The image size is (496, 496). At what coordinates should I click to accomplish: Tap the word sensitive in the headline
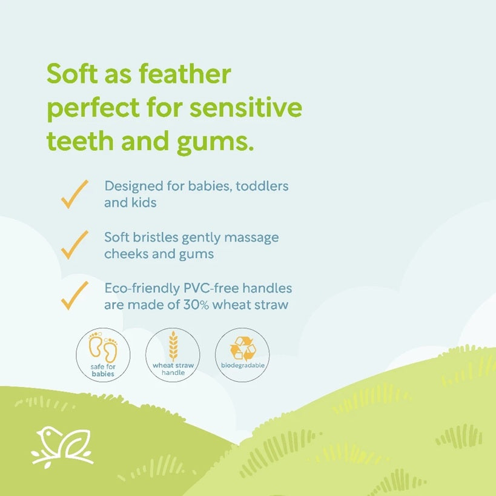tap(246, 108)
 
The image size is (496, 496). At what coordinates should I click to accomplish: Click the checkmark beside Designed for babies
tap(74, 194)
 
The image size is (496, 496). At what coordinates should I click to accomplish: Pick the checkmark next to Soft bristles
tap(74, 245)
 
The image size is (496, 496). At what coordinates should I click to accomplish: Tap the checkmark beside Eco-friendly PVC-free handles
tap(74, 296)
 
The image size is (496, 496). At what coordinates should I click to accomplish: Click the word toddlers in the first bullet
tap(262, 186)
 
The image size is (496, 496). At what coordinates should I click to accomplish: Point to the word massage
tap(251, 238)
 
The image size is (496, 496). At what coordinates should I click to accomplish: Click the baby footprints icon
tap(103, 348)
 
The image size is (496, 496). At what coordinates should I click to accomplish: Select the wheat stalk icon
tap(173, 346)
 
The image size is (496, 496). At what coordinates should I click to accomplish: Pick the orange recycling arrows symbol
tap(243, 349)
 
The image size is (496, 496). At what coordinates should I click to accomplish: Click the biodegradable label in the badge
tap(243, 365)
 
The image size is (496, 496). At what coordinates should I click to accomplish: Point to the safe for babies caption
tap(103, 370)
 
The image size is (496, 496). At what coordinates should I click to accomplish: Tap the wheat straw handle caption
tap(173, 369)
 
